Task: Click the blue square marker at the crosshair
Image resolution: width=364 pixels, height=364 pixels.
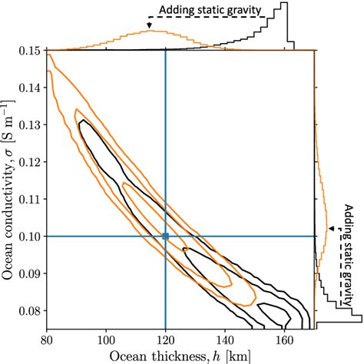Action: point(166,237)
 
